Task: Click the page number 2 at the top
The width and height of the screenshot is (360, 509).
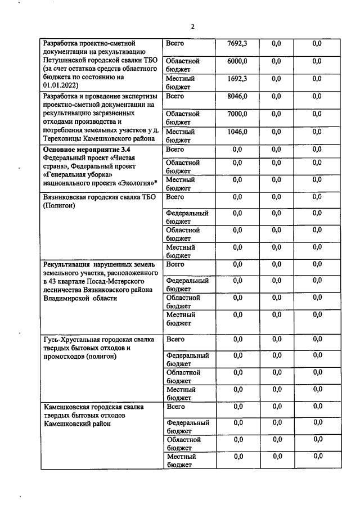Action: (x=192, y=26)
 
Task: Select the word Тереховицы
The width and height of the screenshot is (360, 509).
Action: (x=64, y=138)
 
